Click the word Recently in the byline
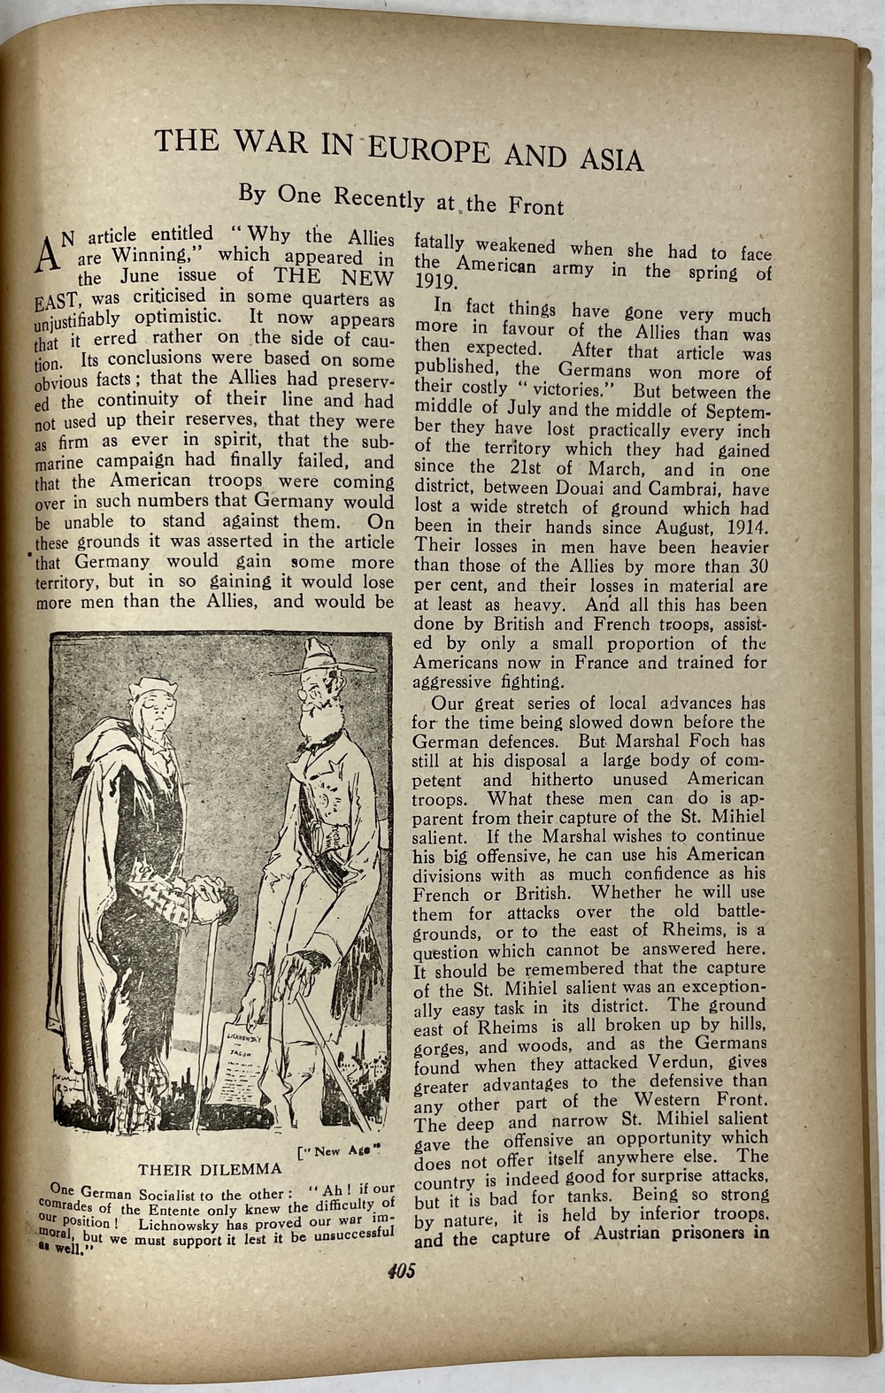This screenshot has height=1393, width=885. [379, 197]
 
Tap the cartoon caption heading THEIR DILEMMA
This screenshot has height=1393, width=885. [197, 1169]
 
